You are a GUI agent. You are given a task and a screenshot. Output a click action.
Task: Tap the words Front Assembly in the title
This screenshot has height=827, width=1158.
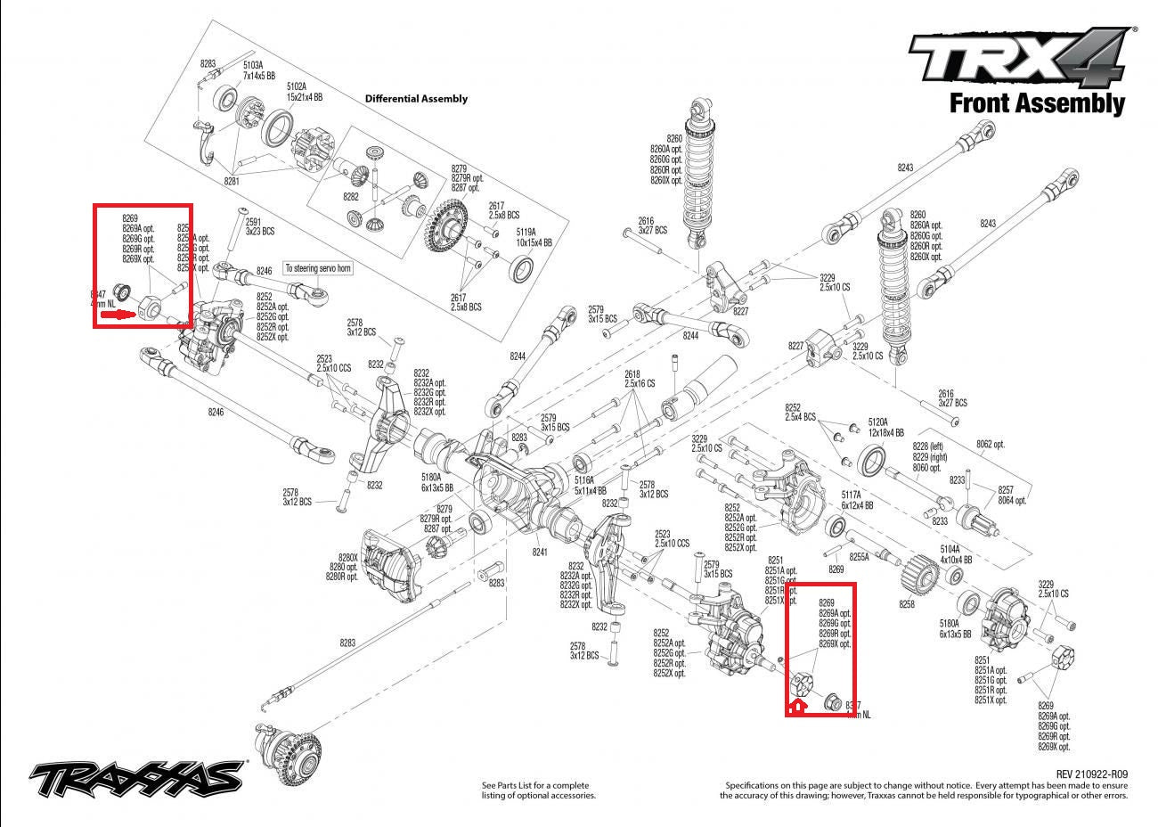pyautogui.click(x=1037, y=103)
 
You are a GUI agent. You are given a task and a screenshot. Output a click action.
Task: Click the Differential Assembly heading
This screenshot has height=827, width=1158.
pyautogui.click(x=416, y=99)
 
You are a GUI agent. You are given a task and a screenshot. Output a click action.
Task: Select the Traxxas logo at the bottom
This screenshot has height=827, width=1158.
pyautogui.click(x=137, y=777)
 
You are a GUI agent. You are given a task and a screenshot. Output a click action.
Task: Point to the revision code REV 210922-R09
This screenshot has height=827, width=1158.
pyautogui.click(x=1091, y=774)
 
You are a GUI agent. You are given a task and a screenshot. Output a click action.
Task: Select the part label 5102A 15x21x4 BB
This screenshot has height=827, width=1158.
pyautogui.click(x=304, y=91)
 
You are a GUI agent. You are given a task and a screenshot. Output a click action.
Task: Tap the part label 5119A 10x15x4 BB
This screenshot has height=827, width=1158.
pyautogui.click(x=534, y=237)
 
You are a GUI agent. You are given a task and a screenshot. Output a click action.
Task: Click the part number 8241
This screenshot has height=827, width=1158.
pyautogui.click(x=539, y=552)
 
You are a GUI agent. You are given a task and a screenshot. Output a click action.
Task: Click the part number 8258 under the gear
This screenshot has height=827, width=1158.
pyautogui.click(x=907, y=604)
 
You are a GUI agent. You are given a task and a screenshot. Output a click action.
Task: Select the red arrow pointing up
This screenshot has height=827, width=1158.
pyautogui.click(x=797, y=706)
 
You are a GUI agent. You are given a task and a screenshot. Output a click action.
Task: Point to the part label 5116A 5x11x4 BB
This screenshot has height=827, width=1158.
pyautogui.click(x=590, y=485)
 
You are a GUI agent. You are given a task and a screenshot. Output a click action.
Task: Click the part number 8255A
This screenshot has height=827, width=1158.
pyautogui.click(x=859, y=556)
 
